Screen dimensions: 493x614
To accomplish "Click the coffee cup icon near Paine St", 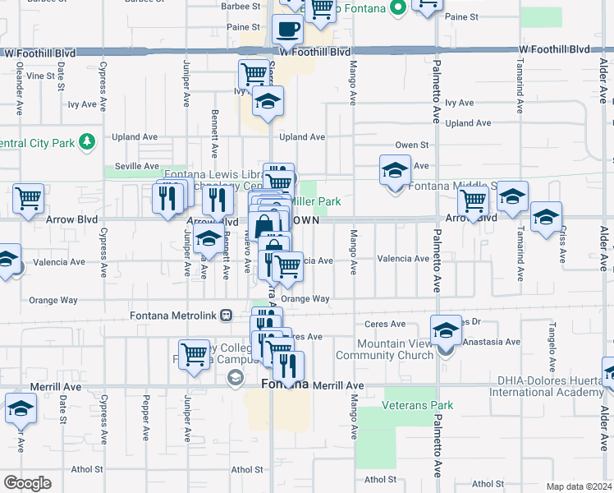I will click(287, 30).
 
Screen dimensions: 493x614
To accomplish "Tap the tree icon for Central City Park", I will click(86, 144).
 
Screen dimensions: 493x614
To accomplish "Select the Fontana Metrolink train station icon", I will click(235, 316).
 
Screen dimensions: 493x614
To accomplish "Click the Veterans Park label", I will click(406, 405).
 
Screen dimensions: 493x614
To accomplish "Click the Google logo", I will click(27, 482).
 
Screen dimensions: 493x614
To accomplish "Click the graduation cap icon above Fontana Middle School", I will click(395, 171).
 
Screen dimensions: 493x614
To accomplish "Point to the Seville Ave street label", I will click(136, 166).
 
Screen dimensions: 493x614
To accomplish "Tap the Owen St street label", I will click(412, 145).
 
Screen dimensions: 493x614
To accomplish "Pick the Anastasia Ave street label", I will click(490, 342).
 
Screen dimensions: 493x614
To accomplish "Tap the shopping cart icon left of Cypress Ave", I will click(28, 198).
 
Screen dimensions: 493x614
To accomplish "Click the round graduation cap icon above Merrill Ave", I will click(236, 377).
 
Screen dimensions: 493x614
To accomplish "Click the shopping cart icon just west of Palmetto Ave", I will click(473, 200).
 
